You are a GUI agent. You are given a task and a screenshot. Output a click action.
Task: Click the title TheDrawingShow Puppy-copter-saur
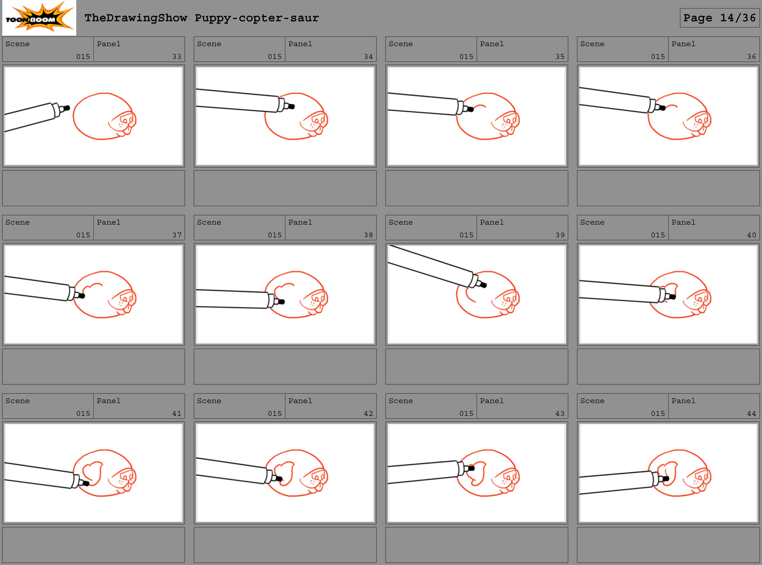click(202, 18)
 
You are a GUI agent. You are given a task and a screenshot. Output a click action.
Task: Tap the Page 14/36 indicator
click(720, 18)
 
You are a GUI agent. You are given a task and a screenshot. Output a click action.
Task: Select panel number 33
click(177, 56)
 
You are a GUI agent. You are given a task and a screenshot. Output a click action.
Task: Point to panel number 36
click(751, 56)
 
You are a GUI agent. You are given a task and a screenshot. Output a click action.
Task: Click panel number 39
click(560, 235)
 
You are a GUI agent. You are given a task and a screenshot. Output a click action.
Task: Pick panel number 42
click(368, 413)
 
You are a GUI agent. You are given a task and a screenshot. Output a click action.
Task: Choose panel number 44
click(751, 413)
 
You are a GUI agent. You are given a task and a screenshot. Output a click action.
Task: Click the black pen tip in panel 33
click(66, 108)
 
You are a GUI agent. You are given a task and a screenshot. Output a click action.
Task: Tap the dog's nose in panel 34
click(318, 119)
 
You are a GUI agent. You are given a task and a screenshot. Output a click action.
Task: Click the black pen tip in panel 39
click(483, 285)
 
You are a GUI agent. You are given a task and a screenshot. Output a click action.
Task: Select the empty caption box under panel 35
click(476, 188)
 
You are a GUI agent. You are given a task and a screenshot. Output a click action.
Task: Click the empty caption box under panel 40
click(668, 367)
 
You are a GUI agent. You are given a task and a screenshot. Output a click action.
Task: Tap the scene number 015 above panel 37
click(83, 235)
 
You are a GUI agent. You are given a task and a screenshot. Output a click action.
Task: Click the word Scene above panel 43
click(401, 401)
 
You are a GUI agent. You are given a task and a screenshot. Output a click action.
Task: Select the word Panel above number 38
click(300, 222)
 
